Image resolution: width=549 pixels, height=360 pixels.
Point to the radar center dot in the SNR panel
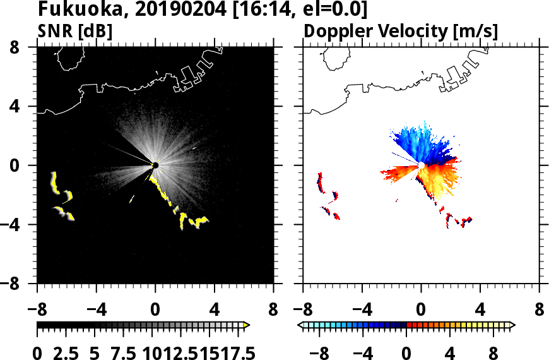click(155, 165)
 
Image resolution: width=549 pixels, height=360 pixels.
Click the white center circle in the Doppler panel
click(420, 165)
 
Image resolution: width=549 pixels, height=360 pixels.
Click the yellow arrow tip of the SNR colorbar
click(247, 325)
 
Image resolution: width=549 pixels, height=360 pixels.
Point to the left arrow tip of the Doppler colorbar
click(300, 325)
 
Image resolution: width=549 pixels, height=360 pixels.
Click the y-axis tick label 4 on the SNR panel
click(26, 106)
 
